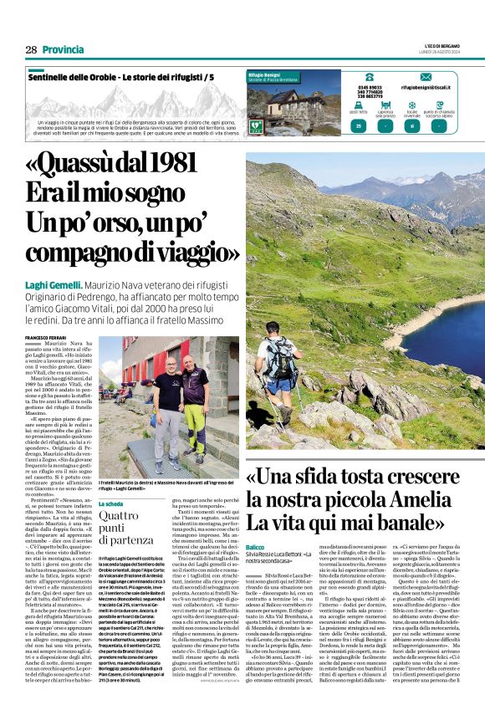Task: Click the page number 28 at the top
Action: click(x=29, y=49)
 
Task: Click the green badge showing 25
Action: click(x=359, y=125)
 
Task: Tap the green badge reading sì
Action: click(x=411, y=125)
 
